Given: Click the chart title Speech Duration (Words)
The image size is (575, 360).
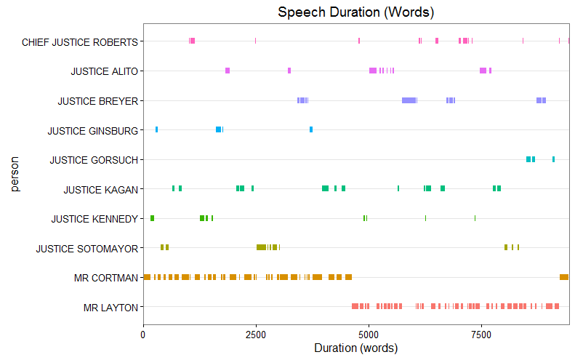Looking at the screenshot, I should pos(356,12).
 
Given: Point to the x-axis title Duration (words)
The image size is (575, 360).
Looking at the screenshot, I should pos(356,348).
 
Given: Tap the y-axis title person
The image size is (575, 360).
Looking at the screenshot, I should pos(15,174).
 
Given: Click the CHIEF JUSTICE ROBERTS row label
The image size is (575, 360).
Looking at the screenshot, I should pos(80,41).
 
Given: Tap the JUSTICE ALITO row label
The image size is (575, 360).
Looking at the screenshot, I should pos(104,71).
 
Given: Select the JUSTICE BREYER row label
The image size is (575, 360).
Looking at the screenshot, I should pos(97,101).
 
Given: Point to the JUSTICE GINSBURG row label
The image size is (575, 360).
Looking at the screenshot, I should pos(92,131).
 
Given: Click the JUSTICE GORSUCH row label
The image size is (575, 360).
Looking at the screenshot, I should pos(93,160).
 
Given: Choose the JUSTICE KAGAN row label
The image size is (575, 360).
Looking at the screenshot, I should pos(100,190).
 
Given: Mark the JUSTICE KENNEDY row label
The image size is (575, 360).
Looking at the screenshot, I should pos(95,219).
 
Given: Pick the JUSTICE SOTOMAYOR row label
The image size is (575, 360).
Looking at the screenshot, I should pos(87,249).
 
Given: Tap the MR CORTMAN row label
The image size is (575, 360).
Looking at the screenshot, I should pos(105,278).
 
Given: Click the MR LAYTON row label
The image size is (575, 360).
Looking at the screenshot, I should pos(110,308).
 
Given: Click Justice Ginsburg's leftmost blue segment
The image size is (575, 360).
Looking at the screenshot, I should pos(156,129).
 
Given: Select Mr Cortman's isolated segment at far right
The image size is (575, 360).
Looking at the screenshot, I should pos(563,277).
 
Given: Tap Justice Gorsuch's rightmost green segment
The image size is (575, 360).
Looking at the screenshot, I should pos(553,159).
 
